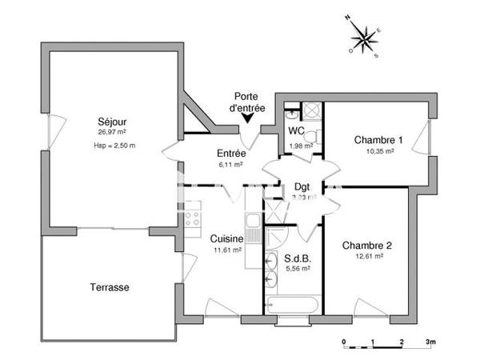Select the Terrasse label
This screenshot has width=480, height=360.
[110, 286]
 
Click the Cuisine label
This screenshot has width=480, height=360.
[227, 238]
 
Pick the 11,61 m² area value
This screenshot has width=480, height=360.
[228, 250]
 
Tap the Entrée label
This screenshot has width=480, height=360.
[230, 154]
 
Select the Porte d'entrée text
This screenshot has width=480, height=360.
[246, 102]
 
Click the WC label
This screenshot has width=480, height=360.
[296, 131]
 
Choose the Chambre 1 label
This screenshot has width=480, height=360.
[378, 140]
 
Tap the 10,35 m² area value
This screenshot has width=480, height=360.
[379, 150]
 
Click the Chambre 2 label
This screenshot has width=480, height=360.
[366, 245]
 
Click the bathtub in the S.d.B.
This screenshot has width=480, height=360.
[293, 306]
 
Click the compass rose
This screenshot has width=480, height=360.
[365, 36]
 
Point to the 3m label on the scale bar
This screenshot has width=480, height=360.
[430, 341]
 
